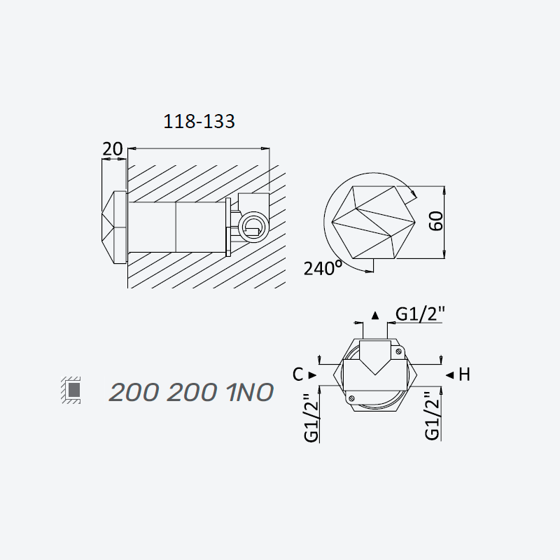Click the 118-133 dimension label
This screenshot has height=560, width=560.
click(x=199, y=121)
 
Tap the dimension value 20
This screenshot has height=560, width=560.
click(x=113, y=149)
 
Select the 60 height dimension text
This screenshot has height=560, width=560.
click(x=436, y=221)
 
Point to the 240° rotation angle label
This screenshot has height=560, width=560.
click(x=323, y=268)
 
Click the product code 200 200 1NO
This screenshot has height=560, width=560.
click(x=191, y=392)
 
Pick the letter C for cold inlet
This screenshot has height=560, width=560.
click(x=298, y=374)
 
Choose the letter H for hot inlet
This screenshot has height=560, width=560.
click(x=464, y=374)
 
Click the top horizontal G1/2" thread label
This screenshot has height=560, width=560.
click(x=420, y=314)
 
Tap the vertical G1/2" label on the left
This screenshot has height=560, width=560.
click(x=311, y=417)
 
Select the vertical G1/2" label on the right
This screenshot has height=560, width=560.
click(x=432, y=415)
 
